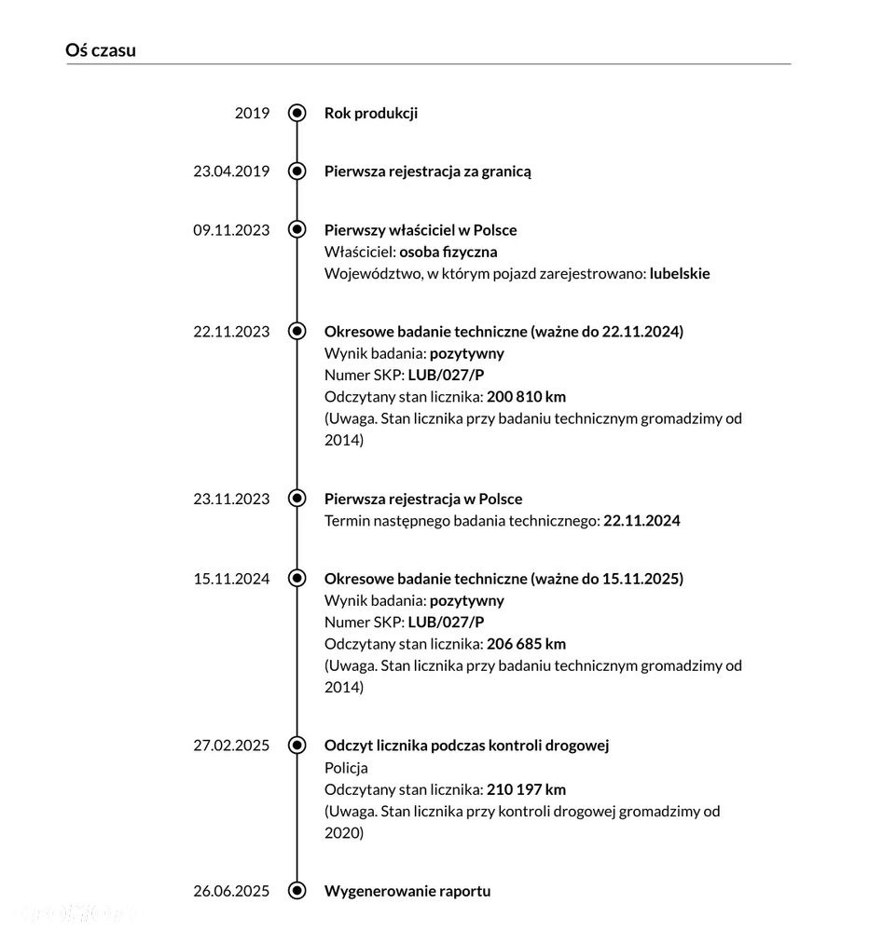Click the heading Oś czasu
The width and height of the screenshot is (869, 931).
[x=101, y=50]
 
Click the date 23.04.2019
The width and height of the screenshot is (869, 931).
[x=231, y=171]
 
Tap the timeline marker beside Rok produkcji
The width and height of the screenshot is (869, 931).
[x=297, y=113]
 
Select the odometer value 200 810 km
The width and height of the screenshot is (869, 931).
[x=527, y=397]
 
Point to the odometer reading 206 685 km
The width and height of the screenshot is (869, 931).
[x=527, y=644]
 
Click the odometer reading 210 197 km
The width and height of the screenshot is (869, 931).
[x=527, y=789]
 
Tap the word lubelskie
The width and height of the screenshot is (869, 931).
[x=680, y=274]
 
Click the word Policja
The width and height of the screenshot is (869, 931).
[x=346, y=768]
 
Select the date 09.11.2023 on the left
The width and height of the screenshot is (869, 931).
[x=231, y=230]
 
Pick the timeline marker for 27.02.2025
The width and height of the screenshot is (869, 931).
[x=297, y=746]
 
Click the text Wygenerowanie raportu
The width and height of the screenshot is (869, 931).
[x=407, y=891]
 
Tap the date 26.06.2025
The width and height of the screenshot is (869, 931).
[x=231, y=891]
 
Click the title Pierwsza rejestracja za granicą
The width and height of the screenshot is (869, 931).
[x=428, y=171]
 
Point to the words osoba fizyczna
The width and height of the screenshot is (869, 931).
[x=448, y=252]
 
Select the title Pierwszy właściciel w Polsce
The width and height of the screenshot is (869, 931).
[x=421, y=230]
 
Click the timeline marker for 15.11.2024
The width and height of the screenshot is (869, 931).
[x=297, y=579]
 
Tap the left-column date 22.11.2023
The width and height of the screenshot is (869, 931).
[x=231, y=332]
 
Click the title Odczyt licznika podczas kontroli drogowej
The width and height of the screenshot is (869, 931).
[x=466, y=746]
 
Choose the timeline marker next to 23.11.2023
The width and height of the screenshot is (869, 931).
[x=297, y=499]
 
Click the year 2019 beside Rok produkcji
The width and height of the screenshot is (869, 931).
[x=252, y=113]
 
